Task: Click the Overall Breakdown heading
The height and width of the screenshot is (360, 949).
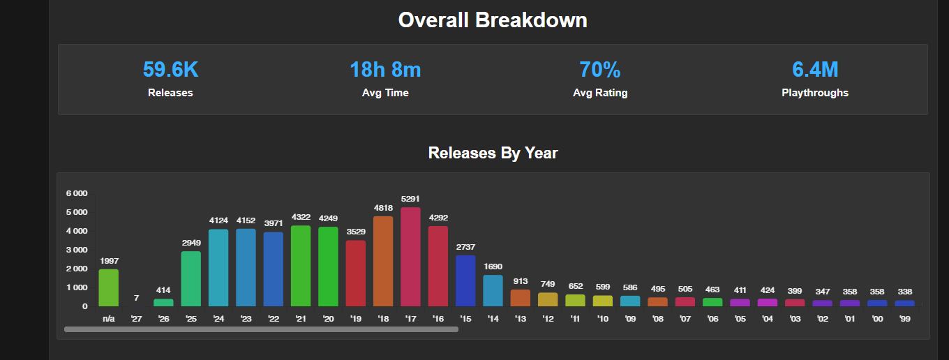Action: (x=493, y=20)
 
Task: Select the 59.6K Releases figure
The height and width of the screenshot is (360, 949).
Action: (x=170, y=70)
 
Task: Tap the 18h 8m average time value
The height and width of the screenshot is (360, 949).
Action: (x=385, y=70)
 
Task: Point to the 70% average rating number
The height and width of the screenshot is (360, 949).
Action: (x=599, y=70)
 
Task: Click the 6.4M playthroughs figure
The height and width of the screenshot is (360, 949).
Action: (x=815, y=70)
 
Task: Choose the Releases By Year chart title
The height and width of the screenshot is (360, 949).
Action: (x=493, y=153)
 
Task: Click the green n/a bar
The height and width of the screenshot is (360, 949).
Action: (x=108, y=288)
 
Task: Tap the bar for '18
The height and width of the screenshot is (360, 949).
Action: (x=383, y=262)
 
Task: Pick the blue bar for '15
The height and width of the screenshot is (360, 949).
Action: (x=465, y=280)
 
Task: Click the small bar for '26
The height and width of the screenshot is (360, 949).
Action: (x=163, y=303)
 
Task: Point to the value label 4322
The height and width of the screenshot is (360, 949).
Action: (x=301, y=217)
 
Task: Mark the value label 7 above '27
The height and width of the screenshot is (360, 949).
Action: (x=136, y=298)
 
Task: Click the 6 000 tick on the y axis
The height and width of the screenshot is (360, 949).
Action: (x=77, y=193)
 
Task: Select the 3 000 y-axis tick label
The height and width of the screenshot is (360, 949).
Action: (x=77, y=250)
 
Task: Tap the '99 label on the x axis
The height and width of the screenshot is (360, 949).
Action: (x=904, y=319)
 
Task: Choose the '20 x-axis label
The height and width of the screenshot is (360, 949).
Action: (x=328, y=319)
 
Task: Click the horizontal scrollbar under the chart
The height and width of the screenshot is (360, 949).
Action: (x=261, y=329)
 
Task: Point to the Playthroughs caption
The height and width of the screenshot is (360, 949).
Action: (x=815, y=93)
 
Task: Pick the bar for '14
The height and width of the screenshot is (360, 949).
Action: (x=493, y=290)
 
